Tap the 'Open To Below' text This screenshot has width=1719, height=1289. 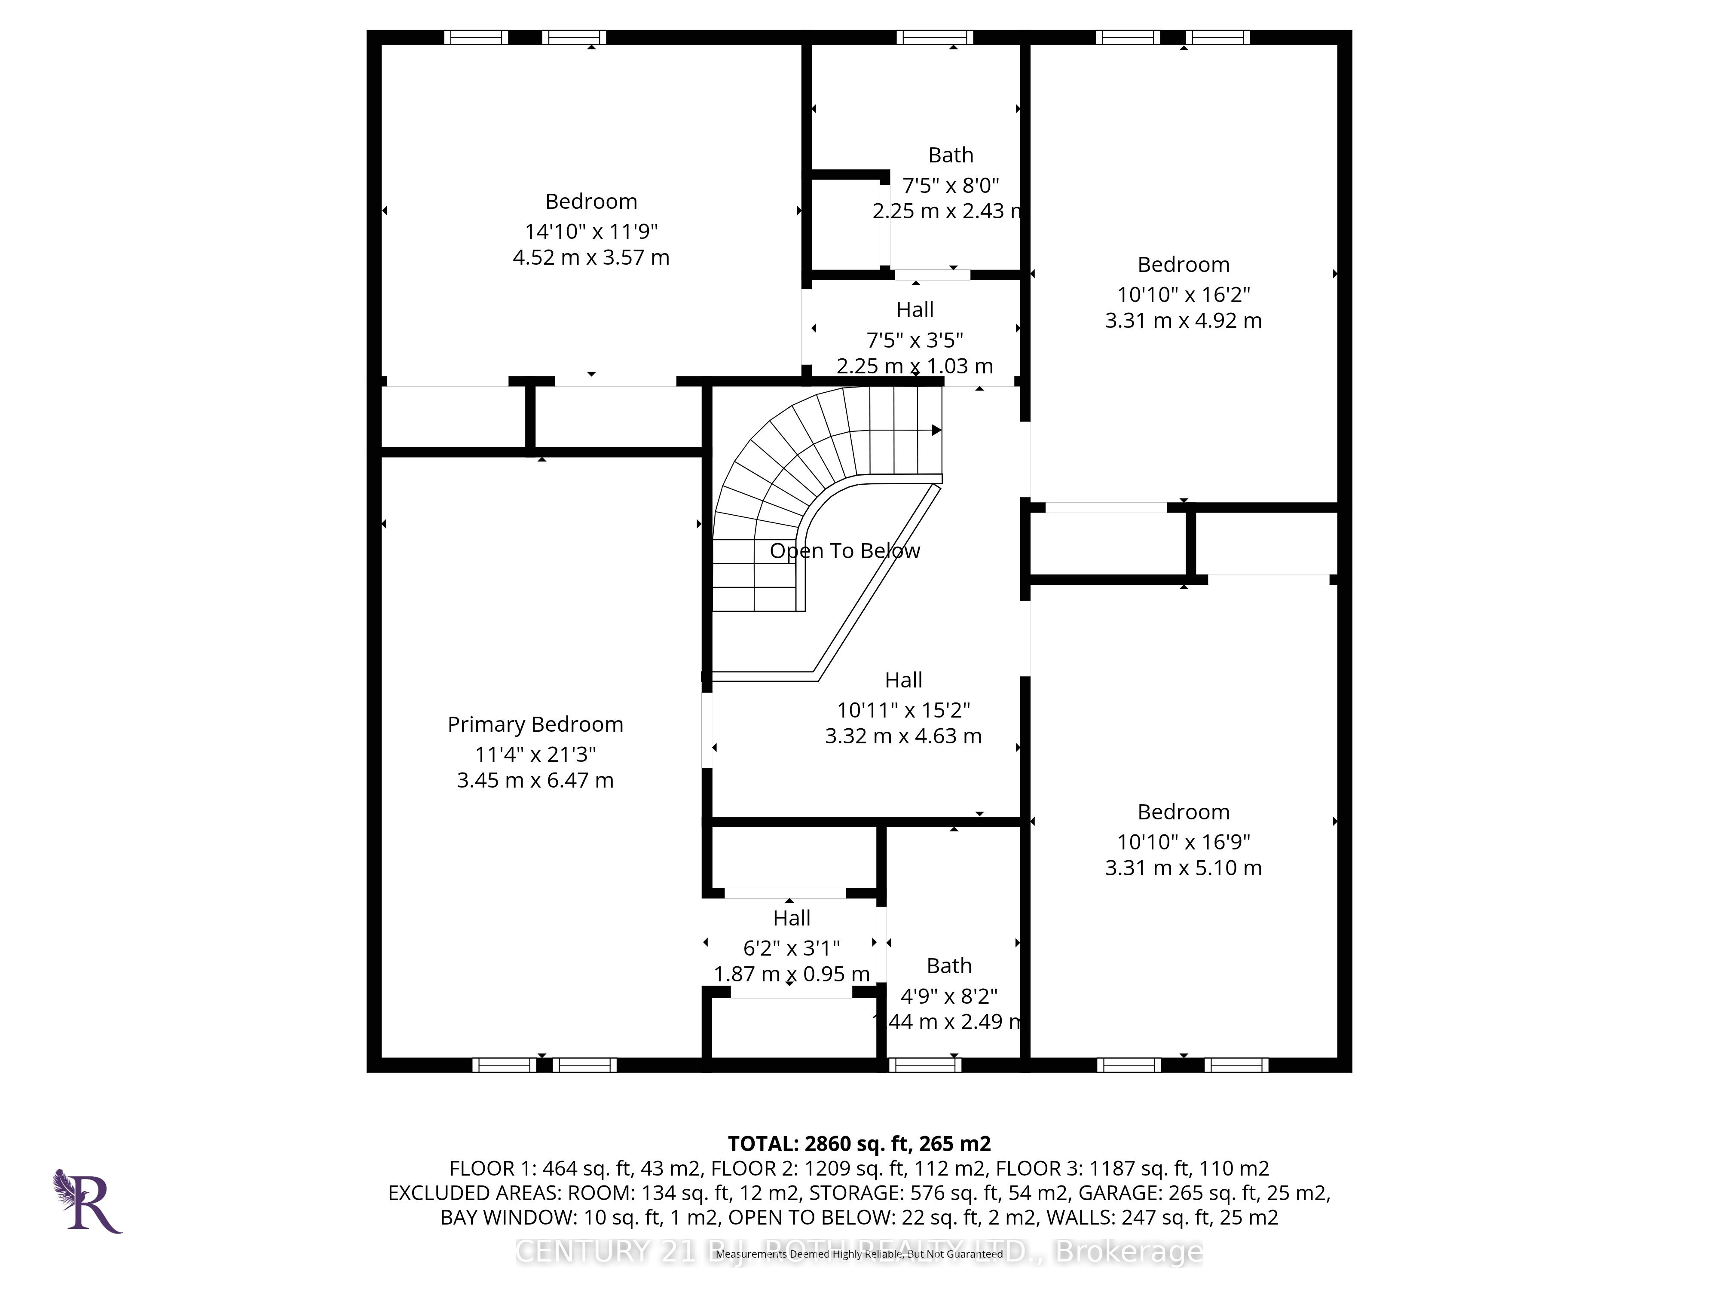pyautogui.click(x=845, y=551)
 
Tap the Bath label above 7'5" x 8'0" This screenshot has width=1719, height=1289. pyautogui.click(x=951, y=156)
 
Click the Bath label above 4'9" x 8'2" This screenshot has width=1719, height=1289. pyautogui.click(x=949, y=966)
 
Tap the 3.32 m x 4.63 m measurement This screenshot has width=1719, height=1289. pyautogui.click(x=903, y=736)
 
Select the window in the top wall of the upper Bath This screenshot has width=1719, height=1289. pyautogui.click(x=935, y=37)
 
